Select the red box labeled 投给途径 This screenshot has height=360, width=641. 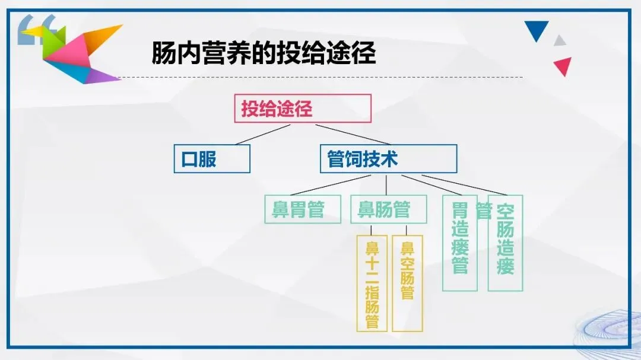(303, 109)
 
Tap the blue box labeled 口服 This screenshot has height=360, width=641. (212, 159)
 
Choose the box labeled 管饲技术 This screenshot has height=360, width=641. (388, 158)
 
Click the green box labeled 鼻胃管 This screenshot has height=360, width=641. (303, 209)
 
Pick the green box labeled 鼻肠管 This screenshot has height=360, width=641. (388, 209)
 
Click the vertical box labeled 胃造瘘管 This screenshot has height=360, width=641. (460, 243)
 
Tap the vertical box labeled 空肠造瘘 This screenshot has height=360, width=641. (505, 243)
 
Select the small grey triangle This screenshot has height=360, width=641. (559, 41)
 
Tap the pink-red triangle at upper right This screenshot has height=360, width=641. (563, 66)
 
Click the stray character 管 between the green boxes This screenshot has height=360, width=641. (484, 211)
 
